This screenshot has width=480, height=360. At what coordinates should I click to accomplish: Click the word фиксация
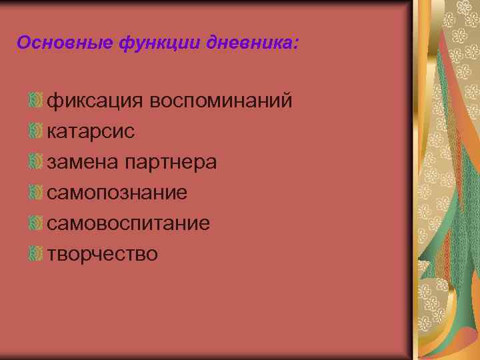tap(95, 101)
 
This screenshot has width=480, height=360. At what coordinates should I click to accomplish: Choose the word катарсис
tap(91, 131)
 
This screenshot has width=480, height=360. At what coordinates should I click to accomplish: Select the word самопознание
tap(117, 193)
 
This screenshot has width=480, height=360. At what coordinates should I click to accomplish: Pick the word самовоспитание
tap(129, 223)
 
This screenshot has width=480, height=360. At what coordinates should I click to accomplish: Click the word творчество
tap(103, 254)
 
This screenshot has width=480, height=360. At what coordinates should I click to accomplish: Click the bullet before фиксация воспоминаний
tap(36, 101)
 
